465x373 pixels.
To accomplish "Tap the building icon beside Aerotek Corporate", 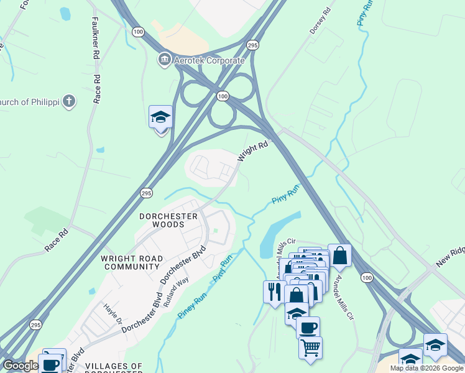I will tap(163, 60).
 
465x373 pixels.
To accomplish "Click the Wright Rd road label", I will tap(252, 152).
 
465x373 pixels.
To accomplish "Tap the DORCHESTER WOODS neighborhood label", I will tap(168, 220).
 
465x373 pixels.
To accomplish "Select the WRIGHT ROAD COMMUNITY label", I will tap(131, 262).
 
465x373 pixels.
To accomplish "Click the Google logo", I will tap(21, 366).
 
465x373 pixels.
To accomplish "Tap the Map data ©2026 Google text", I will tap(426, 368).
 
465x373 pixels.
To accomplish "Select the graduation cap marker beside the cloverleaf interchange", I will tap(160, 116).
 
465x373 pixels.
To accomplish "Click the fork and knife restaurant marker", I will tap(274, 290).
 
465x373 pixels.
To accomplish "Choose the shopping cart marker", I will tap(310, 346).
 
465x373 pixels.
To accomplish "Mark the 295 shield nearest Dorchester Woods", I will tap(146, 193).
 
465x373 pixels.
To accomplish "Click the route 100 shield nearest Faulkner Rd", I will tap(138, 31).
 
